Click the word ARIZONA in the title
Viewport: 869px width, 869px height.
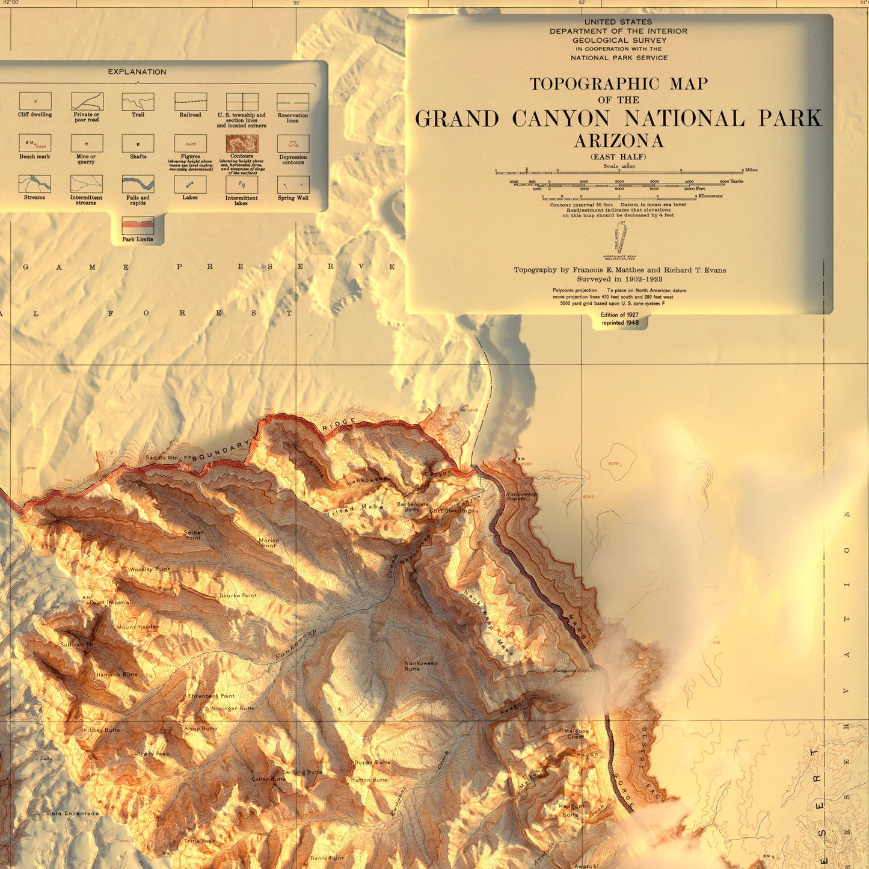[619, 141]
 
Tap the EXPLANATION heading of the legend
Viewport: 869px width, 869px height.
[137, 72]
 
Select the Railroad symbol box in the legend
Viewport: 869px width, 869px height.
[191, 101]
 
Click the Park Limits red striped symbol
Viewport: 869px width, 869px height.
[138, 225]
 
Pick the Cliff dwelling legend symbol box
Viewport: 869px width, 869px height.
[35, 101]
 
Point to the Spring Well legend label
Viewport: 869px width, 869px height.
[293, 198]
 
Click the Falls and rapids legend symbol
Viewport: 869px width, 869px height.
[138, 183]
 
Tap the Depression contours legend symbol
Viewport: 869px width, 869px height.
[293, 144]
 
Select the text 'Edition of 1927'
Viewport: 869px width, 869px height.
[619, 315]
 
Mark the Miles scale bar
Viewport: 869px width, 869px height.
[619, 172]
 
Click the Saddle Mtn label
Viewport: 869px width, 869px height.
[162, 458]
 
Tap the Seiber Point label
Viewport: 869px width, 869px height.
[193, 535]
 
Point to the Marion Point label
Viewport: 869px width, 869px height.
[269, 542]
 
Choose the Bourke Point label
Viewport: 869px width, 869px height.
[238, 595]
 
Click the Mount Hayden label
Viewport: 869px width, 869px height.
[138, 627]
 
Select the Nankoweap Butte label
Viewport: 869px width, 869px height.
[421, 666]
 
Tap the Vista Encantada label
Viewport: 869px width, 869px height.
[72, 814]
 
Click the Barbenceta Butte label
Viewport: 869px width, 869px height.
[413, 507]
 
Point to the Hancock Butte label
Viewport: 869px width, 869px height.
[117, 675]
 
